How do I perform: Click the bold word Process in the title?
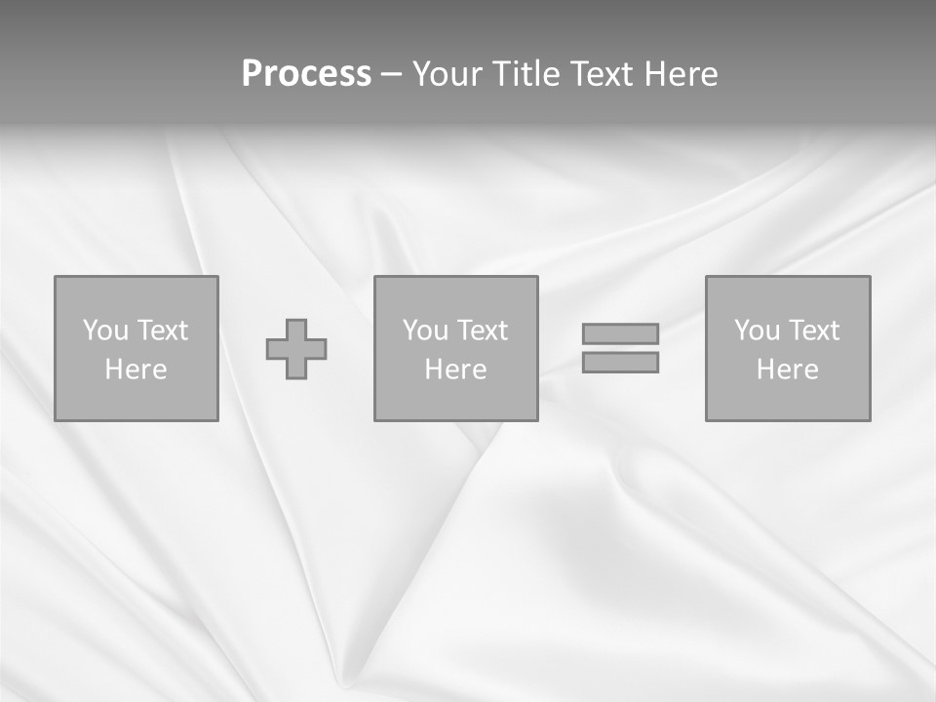click(x=306, y=74)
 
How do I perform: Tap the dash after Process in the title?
click(x=392, y=75)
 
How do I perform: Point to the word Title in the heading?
click(x=526, y=74)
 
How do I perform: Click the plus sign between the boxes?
click(x=296, y=349)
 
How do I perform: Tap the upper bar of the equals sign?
click(x=620, y=333)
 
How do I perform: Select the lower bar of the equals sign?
click(x=620, y=363)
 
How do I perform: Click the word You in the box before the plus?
click(x=105, y=331)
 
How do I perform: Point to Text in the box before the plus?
click(x=162, y=331)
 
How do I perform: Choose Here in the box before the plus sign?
click(x=136, y=370)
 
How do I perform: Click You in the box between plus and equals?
click(x=425, y=331)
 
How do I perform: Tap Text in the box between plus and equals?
click(x=482, y=331)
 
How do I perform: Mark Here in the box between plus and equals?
click(x=455, y=370)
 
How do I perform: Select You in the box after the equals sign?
click(x=757, y=331)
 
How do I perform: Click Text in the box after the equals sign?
click(x=813, y=331)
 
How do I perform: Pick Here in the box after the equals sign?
click(x=787, y=370)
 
